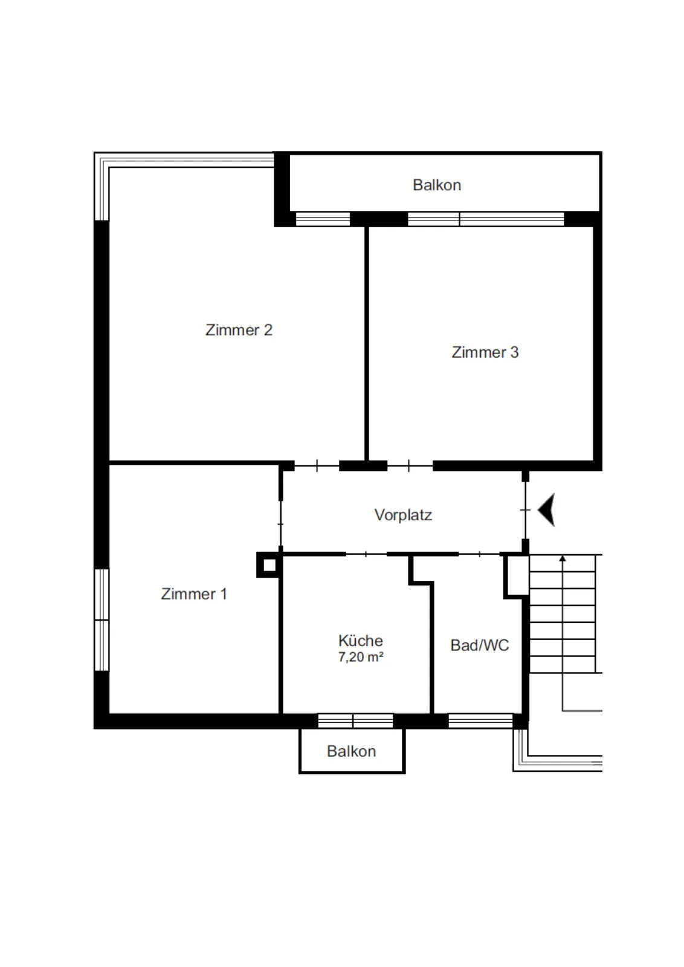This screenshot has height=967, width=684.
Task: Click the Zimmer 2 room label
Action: tap(239, 330)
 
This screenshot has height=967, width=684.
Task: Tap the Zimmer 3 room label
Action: tap(485, 352)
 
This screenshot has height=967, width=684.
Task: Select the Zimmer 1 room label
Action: tap(194, 594)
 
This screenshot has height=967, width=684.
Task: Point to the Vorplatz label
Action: tap(403, 515)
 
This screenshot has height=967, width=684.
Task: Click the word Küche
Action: tap(361, 640)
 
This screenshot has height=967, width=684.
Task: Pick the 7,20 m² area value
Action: tap(361, 657)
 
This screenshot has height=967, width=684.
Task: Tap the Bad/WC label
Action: tap(479, 645)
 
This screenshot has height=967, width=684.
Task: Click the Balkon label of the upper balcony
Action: tap(437, 185)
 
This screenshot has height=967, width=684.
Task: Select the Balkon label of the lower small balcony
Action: tap(351, 752)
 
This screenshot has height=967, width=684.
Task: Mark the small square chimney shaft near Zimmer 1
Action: tap(269, 564)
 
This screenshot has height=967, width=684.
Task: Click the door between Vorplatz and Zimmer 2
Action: tap(317, 466)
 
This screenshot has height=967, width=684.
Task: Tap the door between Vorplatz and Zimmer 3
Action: tap(410, 466)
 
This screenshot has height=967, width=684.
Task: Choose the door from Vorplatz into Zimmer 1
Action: tap(280, 523)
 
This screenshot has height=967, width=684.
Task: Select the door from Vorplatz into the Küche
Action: tap(366, 554)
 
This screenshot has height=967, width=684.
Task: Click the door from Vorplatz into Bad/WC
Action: tap(479, 554)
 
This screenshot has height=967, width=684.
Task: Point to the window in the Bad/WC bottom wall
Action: tap(480, 721)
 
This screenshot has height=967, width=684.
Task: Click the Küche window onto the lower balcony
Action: tap(355, 721)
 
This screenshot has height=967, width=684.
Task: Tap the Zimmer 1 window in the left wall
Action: tap(102, 620)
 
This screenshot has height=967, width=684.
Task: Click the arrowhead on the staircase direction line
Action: tap(563, 558)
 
